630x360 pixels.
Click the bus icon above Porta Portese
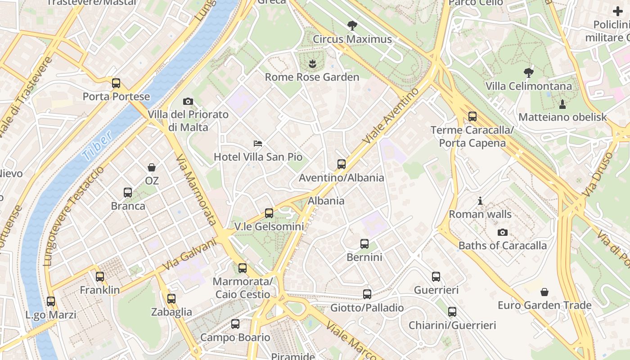click(116, 83)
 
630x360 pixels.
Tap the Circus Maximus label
click(352, 39)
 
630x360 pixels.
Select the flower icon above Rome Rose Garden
click(312, 64)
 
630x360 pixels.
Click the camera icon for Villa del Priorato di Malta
click(188, 101)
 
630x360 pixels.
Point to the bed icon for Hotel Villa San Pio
click(258, 144)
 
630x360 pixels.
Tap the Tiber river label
click(97, 147)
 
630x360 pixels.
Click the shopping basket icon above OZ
click(152, 167)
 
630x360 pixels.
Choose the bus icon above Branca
click(128, 193)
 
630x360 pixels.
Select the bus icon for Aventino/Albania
click(342, 164)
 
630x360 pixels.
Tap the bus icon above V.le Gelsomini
click(269, 213)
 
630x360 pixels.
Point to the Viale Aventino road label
click(391, 116)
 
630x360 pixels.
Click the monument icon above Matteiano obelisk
click(562, 104)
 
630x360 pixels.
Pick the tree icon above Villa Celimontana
click(529, 72)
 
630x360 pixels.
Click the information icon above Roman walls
click(480, 201)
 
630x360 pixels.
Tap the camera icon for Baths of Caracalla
click(503, 232)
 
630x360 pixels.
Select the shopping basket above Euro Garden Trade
click(544, 292)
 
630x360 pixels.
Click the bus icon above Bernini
click(364, 244)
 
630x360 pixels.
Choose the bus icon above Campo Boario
click(235, 324)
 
